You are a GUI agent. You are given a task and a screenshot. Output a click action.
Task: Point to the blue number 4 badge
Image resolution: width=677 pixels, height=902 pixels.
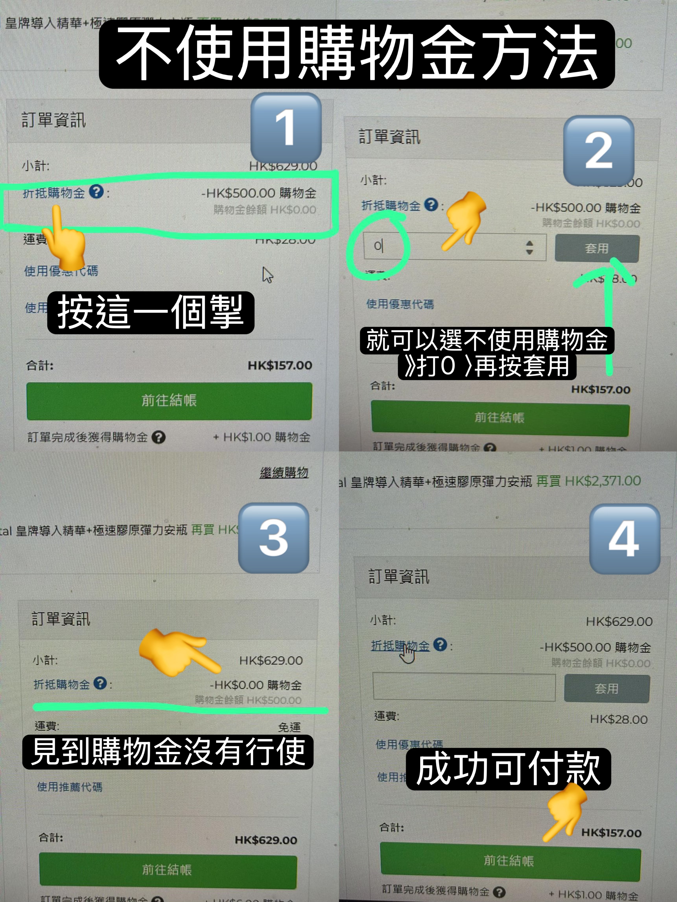coord(624,539)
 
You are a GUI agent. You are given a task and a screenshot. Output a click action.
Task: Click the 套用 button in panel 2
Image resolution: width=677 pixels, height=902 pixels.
coord(597,248)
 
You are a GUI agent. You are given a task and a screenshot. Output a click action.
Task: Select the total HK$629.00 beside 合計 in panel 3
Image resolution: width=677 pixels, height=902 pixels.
coord(266,840)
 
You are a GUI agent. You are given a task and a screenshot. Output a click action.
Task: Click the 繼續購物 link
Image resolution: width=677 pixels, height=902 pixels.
coord(284,473)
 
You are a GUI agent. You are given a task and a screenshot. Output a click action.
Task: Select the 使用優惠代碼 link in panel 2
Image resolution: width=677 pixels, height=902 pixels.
coord(400,304)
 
